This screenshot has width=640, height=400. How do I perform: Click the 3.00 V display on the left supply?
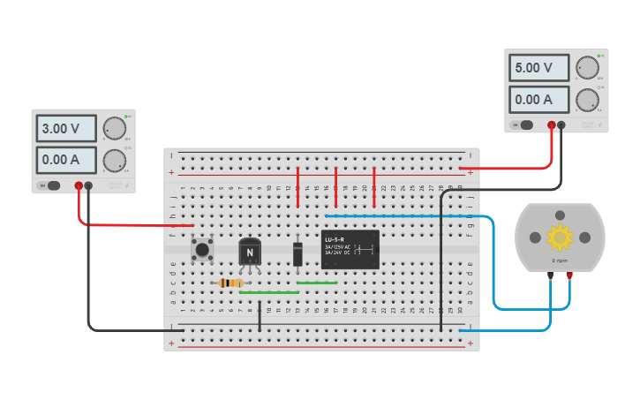point(67,129)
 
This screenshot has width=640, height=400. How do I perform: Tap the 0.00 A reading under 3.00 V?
point(67,160)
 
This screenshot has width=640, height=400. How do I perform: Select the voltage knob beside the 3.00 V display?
point(113,129)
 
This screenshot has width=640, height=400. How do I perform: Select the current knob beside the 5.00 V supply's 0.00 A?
point(586,100)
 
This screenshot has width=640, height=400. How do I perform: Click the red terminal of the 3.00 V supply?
point(79,185)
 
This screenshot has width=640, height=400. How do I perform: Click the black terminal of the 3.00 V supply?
point(88,185)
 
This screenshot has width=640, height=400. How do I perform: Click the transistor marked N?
point(251,253)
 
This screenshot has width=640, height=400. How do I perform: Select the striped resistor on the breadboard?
point(230,283)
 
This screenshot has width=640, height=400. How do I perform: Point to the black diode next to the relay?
point(298,253)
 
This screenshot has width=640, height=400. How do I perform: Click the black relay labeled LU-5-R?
point(350,249)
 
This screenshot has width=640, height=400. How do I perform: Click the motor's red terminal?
point(569,275)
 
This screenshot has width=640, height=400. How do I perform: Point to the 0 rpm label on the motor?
point(560,261)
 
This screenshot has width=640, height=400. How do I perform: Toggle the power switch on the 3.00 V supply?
point(52,185)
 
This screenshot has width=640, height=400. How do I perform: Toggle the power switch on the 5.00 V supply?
point(525,125)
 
